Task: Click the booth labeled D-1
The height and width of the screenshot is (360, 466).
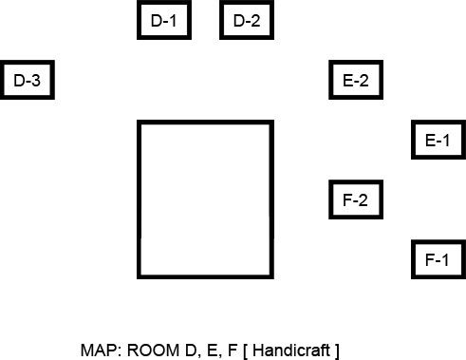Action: (x=164, y=21)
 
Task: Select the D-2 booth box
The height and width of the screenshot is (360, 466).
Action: (x=247, y=21)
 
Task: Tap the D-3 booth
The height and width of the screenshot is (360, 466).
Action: (x=27, y=81)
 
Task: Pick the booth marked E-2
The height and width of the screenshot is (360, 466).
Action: (x=356, y=81)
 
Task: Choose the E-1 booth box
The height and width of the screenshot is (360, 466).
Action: (x=438, y=141)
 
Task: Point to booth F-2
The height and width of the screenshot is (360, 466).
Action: (x=356, y=200)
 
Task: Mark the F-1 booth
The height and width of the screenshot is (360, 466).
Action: (x=438, y=259)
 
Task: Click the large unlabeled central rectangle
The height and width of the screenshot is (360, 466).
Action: (x=205, y=199)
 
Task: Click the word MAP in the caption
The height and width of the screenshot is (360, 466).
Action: (x=97, y=350)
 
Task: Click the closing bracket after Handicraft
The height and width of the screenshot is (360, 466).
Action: (x=336, y=350)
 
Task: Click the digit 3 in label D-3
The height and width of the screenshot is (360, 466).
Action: (x=37, y=81)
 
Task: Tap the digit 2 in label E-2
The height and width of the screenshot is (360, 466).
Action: (x=365, y=81)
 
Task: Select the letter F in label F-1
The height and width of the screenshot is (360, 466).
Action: (x=429, y=259)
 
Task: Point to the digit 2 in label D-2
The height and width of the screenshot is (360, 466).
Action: (x=256, y=21)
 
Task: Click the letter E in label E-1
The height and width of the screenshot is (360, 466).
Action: (x=429, y=141)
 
